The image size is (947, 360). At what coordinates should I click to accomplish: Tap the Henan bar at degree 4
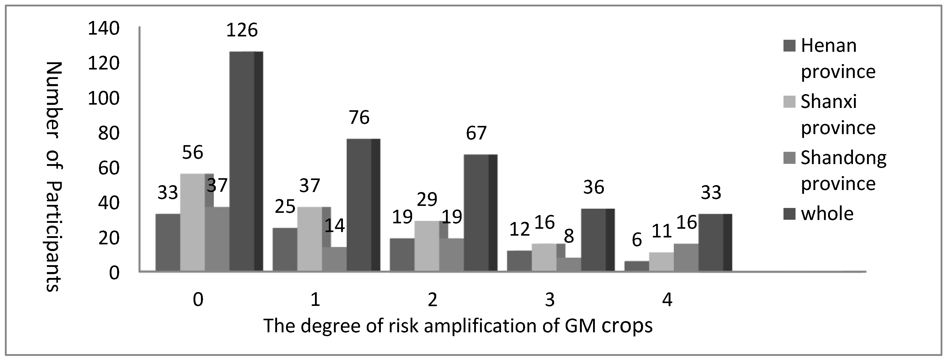coord(636,266)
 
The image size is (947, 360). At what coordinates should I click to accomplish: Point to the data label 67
coord(476,133)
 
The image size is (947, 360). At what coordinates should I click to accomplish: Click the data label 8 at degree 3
coord(568,237)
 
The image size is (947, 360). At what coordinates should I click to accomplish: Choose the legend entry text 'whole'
coord(827,214)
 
